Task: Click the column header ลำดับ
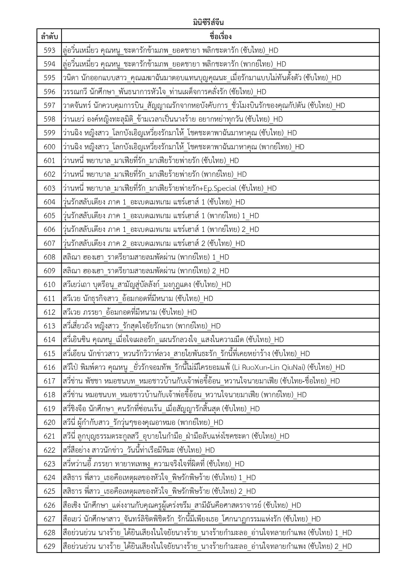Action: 49,36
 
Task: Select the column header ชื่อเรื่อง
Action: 220,36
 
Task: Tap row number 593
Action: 49,50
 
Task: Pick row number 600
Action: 49,147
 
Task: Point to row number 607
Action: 49,243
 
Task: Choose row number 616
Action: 49,367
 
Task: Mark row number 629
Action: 49,546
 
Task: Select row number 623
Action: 49,464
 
